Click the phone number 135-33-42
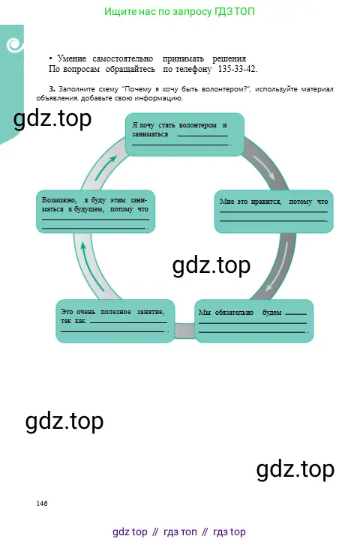[x=238, y=69]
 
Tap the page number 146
[x=42, y=503]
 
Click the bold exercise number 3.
[x=52, y=89]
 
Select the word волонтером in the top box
[x=197, y=125]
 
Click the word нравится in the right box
[x=265, y=202]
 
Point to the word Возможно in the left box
[x=59, y=200]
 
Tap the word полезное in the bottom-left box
[x=115, y=312]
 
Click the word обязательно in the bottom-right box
[x=234, y=312]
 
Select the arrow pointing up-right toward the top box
[x=106, y=167]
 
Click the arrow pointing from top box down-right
[x=264, y=167]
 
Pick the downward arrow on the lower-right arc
[x=277, y=266]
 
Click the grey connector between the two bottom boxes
[x=184, y=331]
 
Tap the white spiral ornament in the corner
[x=14, y=45]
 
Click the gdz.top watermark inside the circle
[x=211, y=266]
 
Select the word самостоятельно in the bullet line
[x=123, y=58]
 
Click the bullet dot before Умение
[x=51, y=58]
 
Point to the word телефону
[x=193, y=69]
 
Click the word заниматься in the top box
[x=150, y=134]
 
